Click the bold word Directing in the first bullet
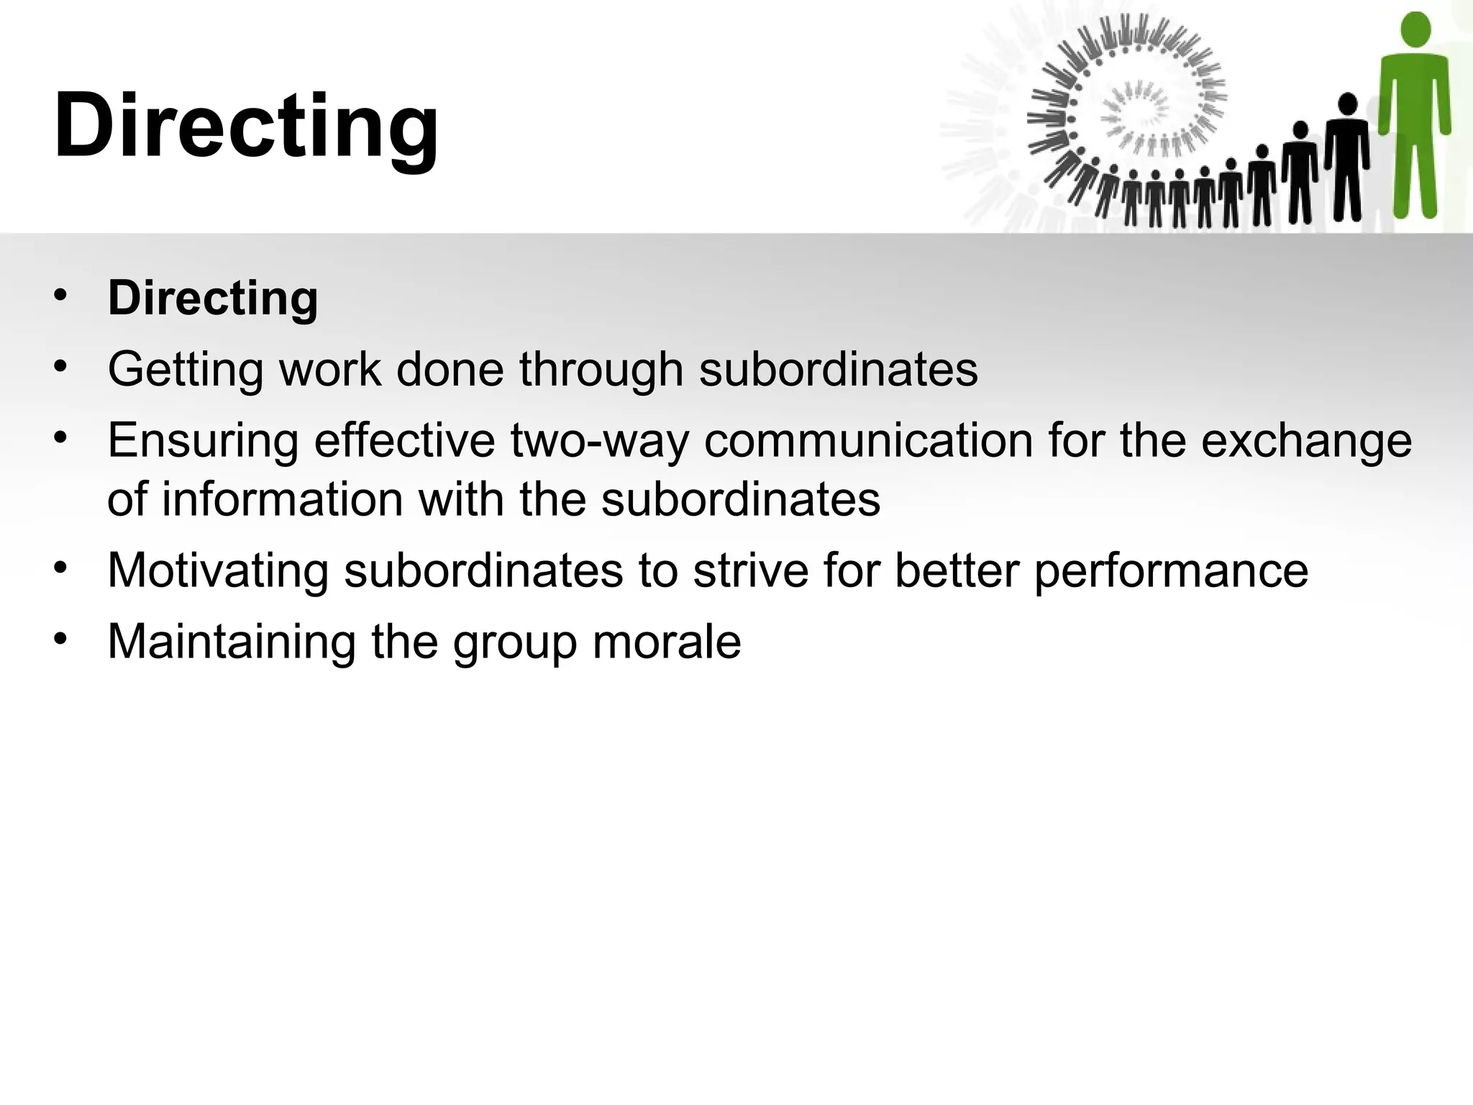pos(213,298)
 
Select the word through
pos(601,370)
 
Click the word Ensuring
pos(203,440)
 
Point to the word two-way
pos(600,442)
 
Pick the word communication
pos(867,440)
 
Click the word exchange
pos(1306,442)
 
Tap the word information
pos(282,499)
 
